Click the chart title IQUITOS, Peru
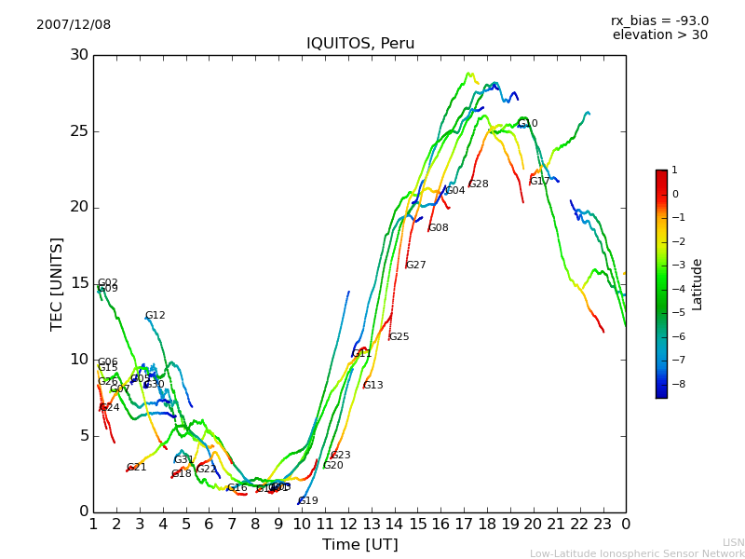(360, 44)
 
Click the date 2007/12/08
(74, 25)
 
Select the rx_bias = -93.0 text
(659, 20)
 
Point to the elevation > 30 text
(659, 35)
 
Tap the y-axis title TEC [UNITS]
(58, 283)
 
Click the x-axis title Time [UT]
(359, 544)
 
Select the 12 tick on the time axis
(348, 524)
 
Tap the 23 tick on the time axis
(603, 524)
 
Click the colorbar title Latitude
(698, 284)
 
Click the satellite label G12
(155, 316)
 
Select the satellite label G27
(415, 266)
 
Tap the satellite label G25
(399, 337)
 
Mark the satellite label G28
(478, 184)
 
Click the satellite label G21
(137, 468)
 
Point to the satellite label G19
(308, 501)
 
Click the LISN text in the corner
(734, 542)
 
